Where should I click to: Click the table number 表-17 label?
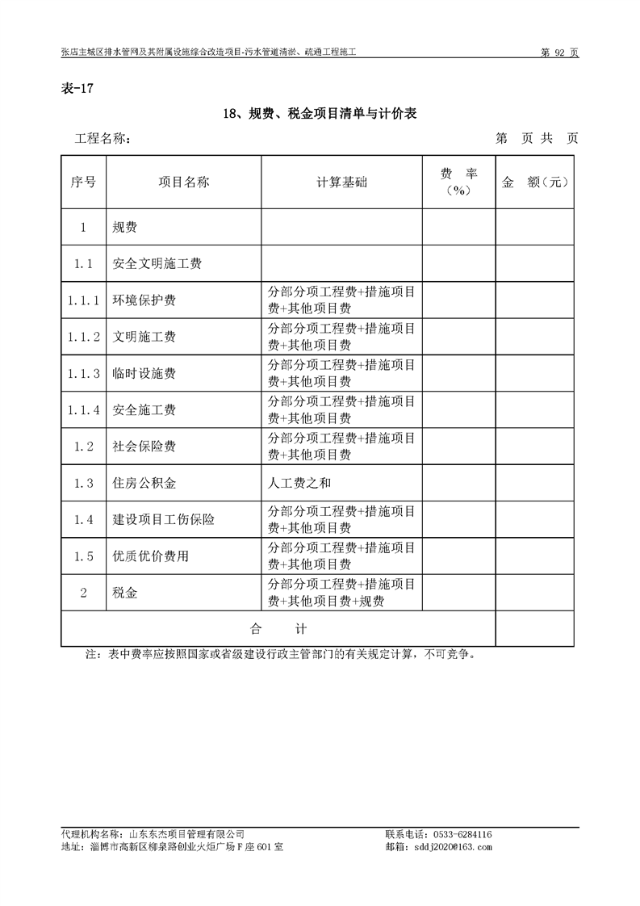(x=77, y=89)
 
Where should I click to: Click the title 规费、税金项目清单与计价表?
(x=320, y=115)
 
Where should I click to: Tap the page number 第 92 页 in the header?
(x=558, y=52)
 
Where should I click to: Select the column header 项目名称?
(x=184, y=182)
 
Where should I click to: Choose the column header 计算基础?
(x=341, y=182)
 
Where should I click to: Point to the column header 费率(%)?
(x=458, y=182)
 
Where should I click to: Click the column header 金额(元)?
(x=535, y=182)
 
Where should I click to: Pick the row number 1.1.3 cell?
(x=84, y=374)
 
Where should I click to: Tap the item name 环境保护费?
(x=144, y=300)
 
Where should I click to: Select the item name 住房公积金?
(x=144, y=484)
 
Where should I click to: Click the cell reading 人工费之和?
(x=299, y=484)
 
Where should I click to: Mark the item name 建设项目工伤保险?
(x=164, y=520)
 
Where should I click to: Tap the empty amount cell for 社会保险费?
(x=534, y=447)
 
